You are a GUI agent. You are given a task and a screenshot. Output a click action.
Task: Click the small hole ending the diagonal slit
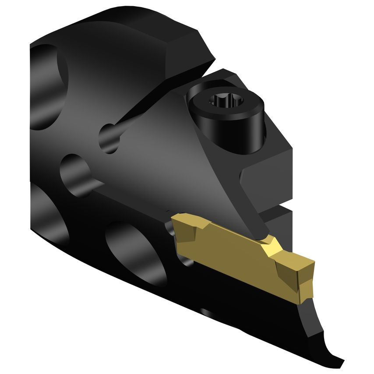click(109, 138)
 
